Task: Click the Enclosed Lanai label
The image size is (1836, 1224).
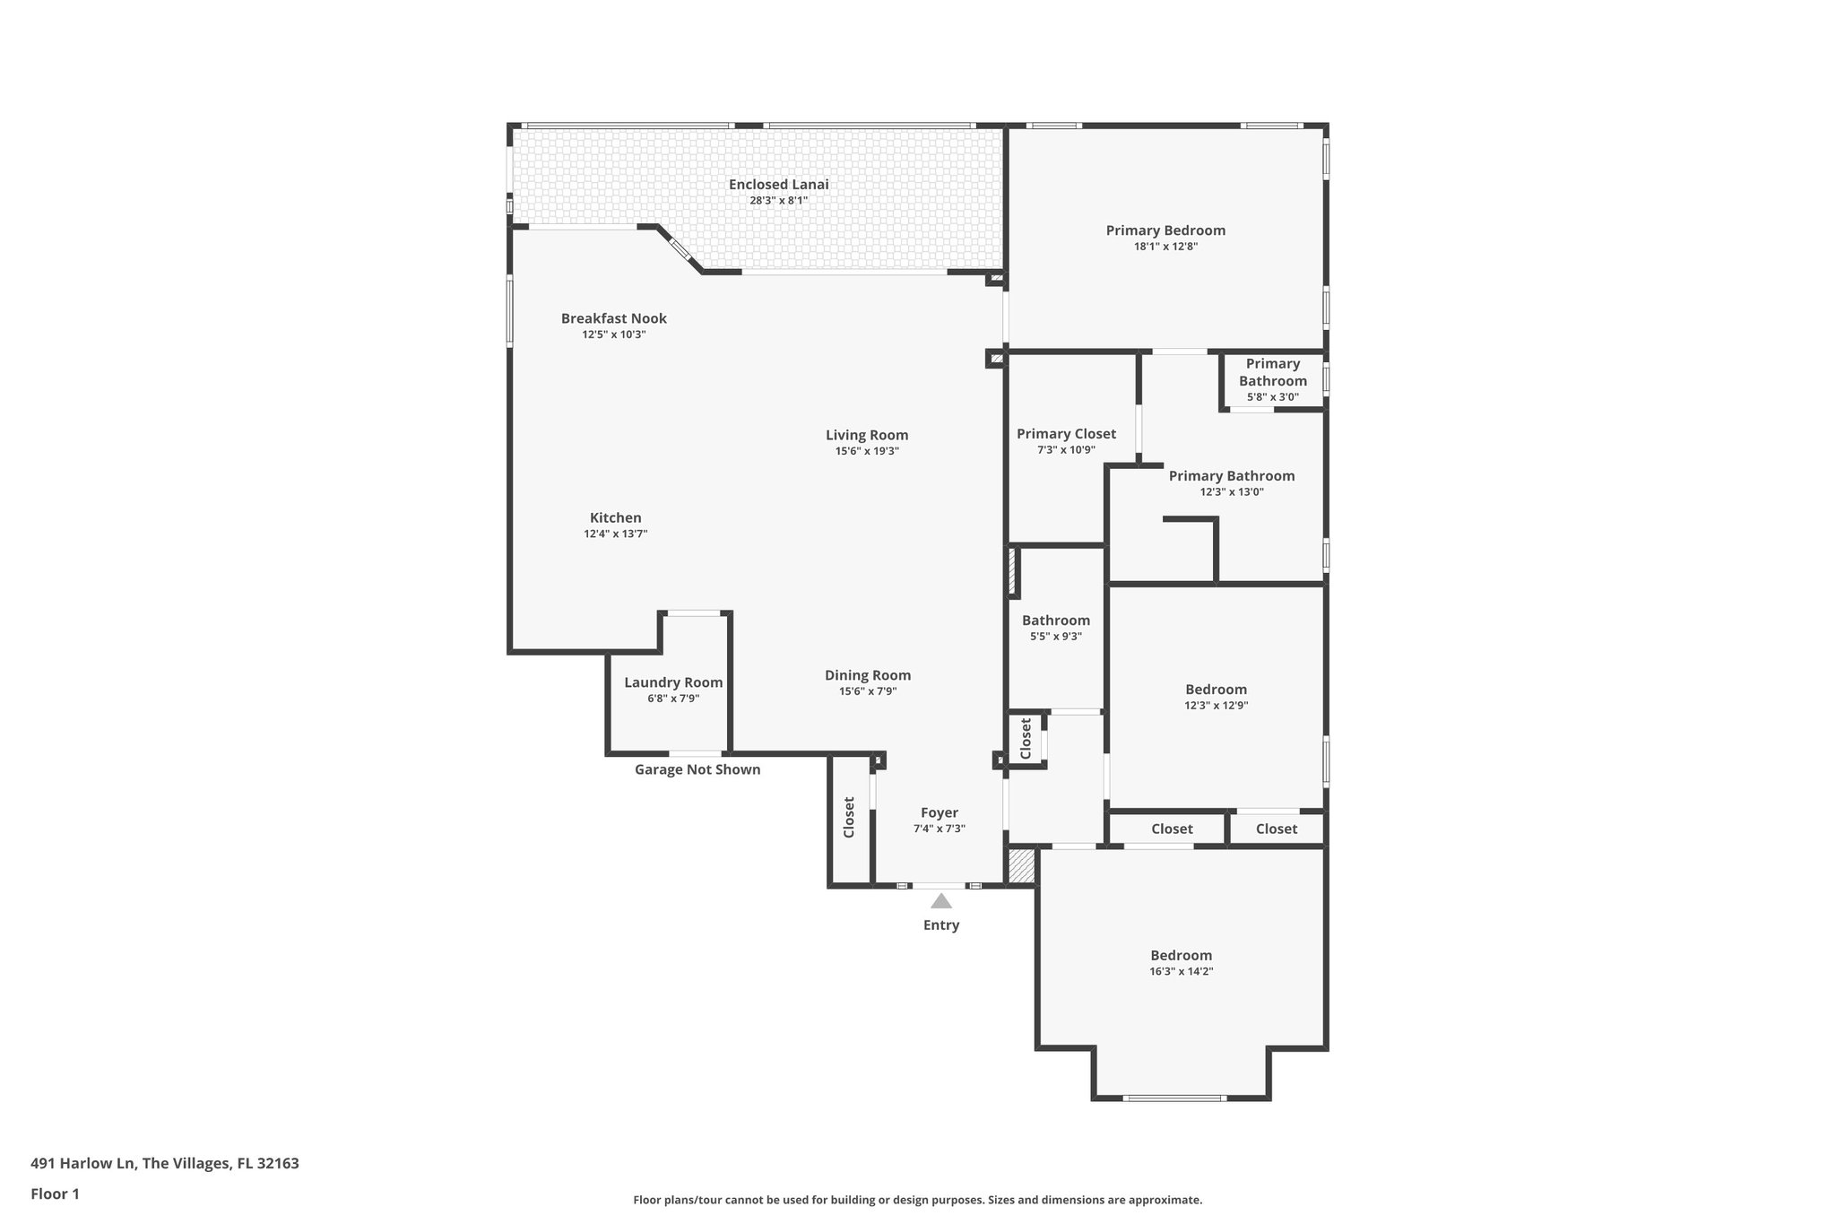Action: coord(778,185)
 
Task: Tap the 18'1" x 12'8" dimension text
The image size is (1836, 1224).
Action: coord(1165,247)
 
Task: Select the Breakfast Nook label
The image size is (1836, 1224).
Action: coord(614,318)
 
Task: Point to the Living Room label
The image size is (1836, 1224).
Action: coord(867,436)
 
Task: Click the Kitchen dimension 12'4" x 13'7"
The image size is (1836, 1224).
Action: coord(615,534)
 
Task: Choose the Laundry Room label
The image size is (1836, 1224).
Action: coord(673,682)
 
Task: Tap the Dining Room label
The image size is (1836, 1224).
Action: coord(868,675)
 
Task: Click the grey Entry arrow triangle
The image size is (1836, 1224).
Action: coord(940,901)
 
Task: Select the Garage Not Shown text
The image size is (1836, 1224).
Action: coord(697,769)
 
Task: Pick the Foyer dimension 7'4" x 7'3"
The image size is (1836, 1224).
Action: coord(939,829)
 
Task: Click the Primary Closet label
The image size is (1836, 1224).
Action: coord(1066,434)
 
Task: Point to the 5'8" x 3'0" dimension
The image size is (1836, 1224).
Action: coord(1272,397)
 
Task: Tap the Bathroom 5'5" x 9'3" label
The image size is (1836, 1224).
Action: coord(1056,621)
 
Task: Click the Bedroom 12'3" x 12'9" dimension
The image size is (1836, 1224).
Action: coord(1216,706)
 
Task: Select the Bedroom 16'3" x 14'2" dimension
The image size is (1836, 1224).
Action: coord(1181,971)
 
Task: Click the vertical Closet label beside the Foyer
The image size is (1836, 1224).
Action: coord(849,818)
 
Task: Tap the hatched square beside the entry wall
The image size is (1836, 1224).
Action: coord(1021,866)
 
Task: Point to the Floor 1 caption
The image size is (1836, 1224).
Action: coord(55,1194)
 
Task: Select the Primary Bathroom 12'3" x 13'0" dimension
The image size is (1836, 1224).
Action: coord(1232,492)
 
